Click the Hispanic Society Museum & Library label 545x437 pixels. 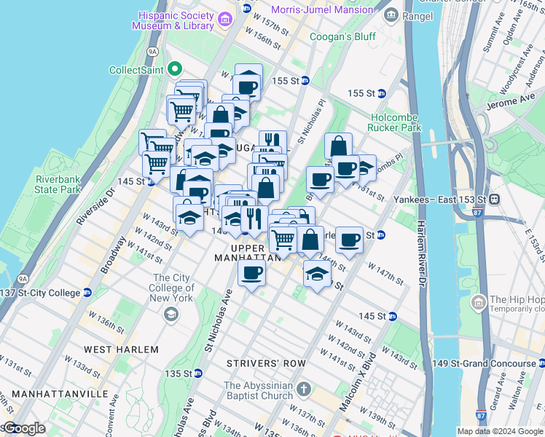(173, 20)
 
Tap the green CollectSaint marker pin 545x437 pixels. (174, 70)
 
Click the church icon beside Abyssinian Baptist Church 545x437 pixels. (303, 389)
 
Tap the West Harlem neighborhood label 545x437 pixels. (120, 350)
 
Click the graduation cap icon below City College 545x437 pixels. (171, 314)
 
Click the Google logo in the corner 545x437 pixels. (23, 428)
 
